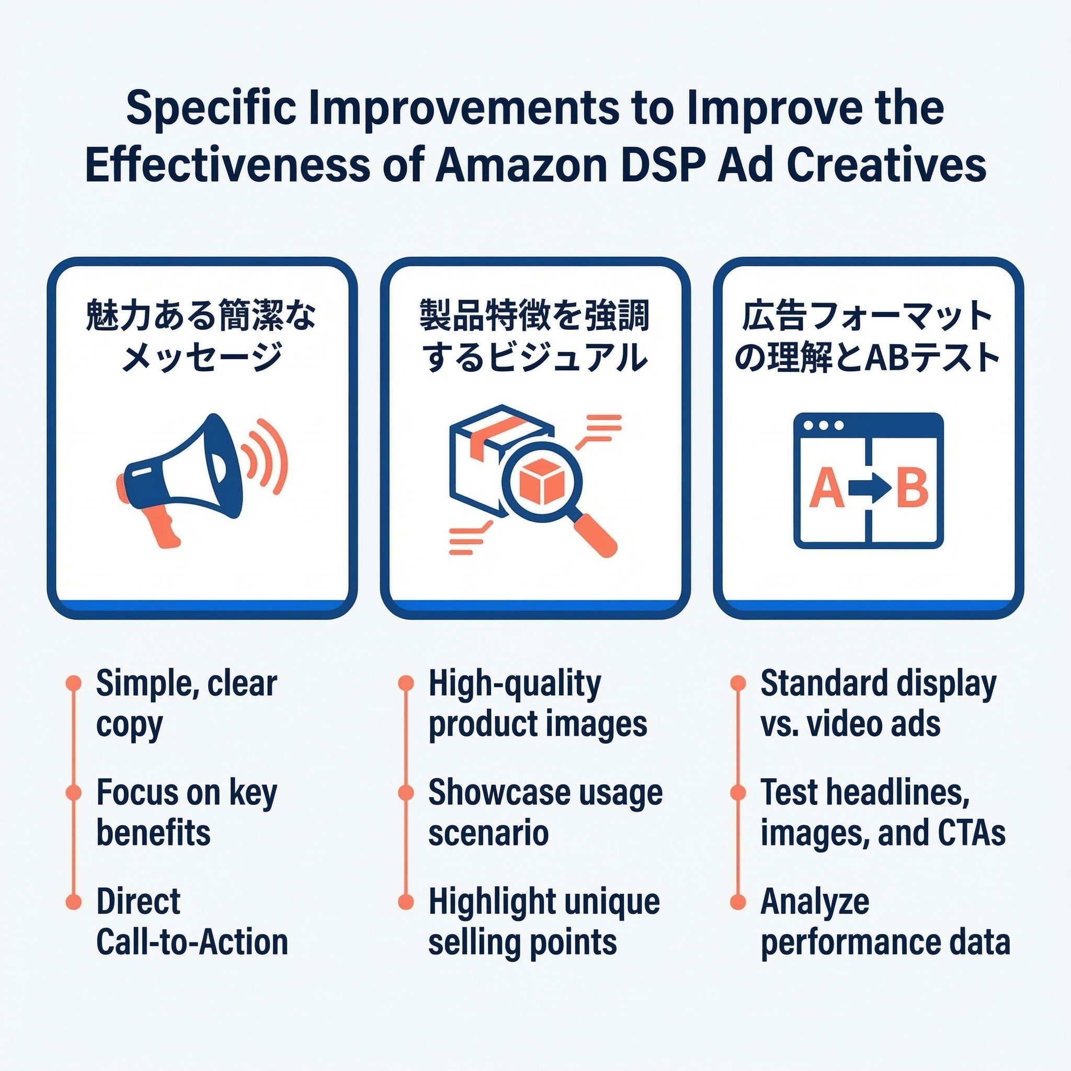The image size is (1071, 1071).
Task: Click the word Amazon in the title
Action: (x=521, y=165)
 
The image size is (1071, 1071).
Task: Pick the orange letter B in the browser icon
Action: (x=912, y=488)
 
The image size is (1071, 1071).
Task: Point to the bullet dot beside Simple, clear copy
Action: (x=73, y=683)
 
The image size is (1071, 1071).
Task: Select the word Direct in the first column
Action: (x=138, y=902)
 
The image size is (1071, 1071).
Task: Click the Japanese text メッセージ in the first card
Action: (x=201, y=358)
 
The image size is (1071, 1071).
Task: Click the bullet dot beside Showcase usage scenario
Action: (x=406, y=793)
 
